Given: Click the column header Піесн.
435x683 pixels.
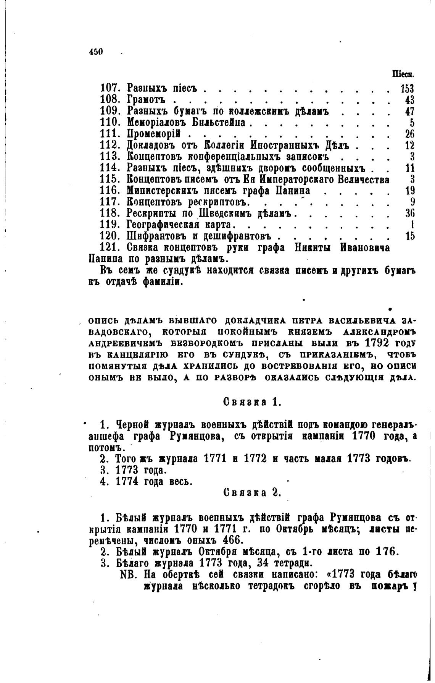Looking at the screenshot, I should [406, 74].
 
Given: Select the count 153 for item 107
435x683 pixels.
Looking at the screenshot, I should [407, 89].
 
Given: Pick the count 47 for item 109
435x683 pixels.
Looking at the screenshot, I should [409, 112].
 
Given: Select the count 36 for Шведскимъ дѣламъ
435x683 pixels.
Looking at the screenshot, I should [409, 213].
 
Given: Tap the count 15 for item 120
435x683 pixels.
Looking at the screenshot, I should [410, 236].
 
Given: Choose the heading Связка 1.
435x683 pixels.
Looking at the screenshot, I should [252, 402].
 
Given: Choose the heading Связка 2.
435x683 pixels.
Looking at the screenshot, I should [252, 492].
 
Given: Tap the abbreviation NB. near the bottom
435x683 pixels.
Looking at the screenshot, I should [129, 574].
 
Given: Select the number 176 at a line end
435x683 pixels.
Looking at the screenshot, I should [387, 552].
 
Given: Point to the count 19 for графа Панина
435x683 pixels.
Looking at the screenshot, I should [409, 191].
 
